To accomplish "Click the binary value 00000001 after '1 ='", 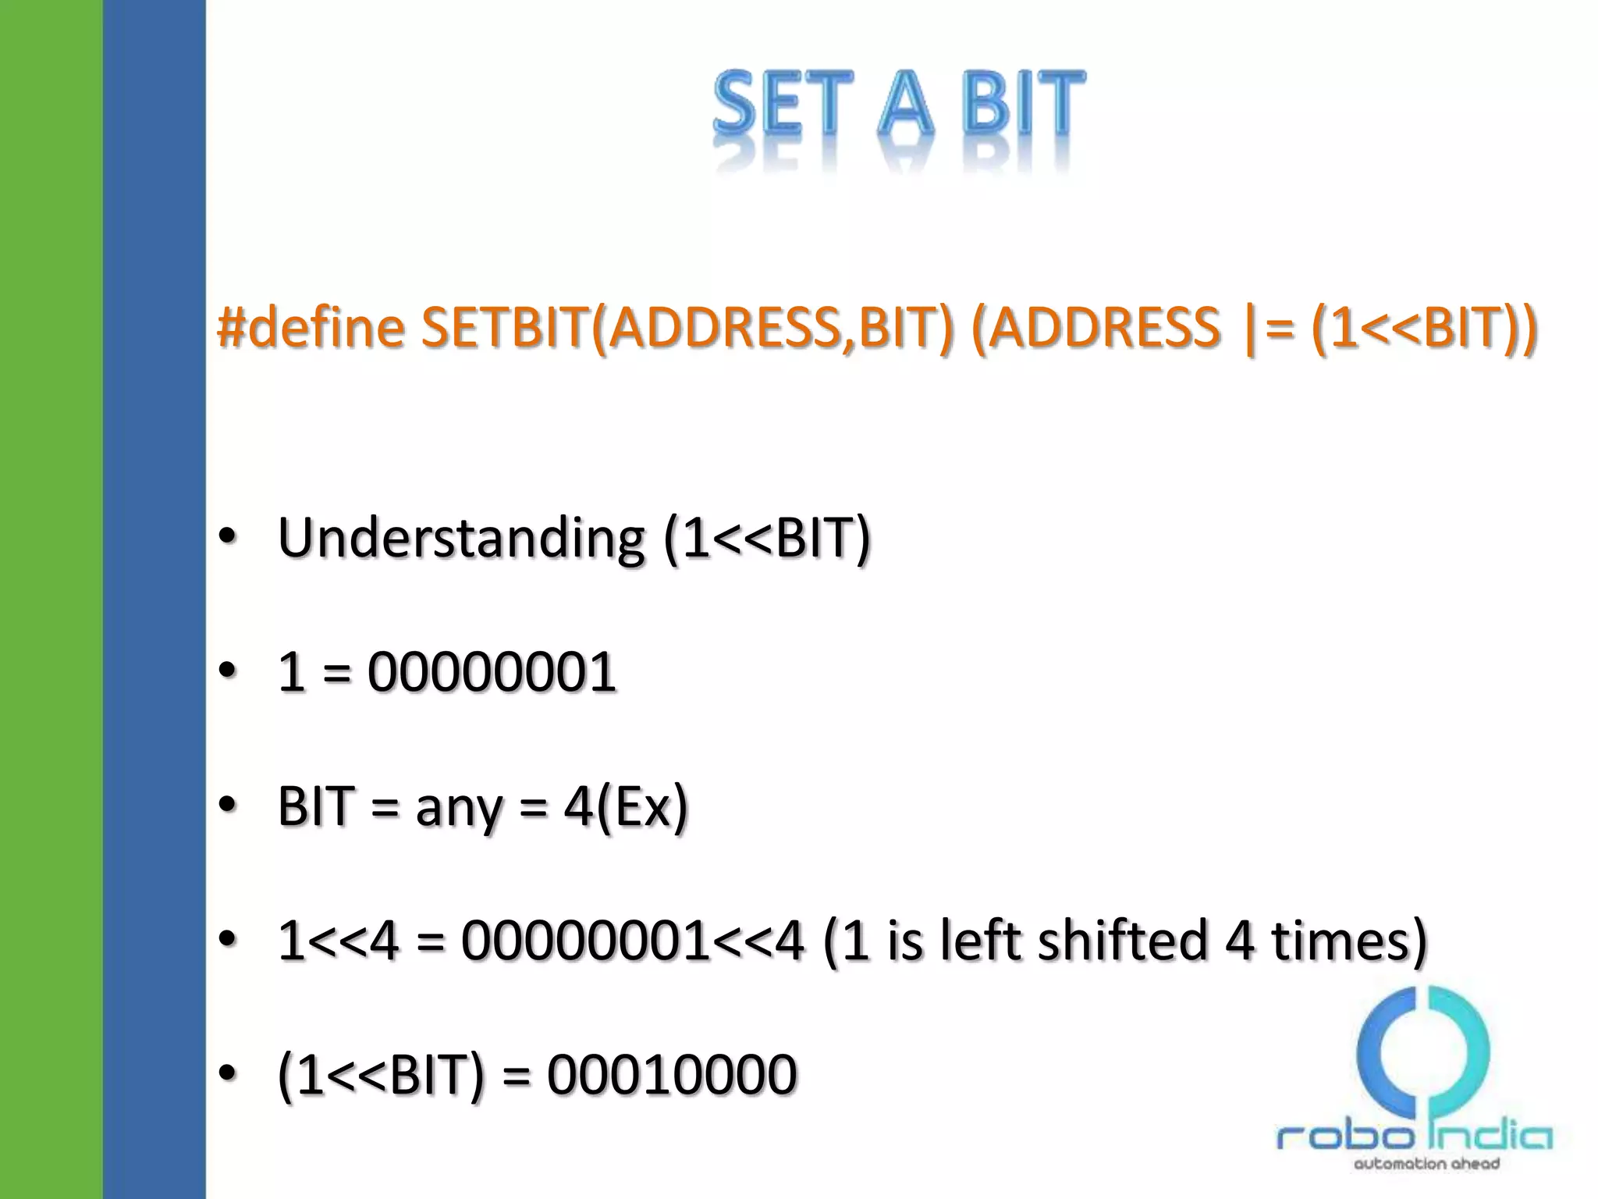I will [492, 672].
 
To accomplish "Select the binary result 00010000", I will [672, 1075].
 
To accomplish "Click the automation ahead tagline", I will [1426, 1164].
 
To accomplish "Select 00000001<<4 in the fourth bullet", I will [632, 940].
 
